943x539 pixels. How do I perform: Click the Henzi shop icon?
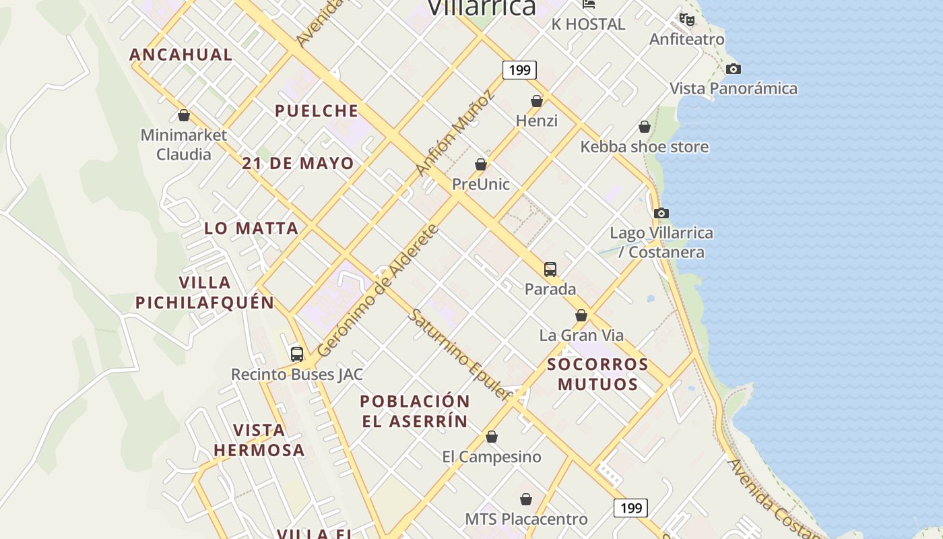pos(537,101)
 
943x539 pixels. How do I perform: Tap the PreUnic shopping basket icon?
pos(481,164)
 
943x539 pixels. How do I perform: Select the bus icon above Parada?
pos(550,269)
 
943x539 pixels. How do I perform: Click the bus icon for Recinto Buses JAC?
pos(297,354)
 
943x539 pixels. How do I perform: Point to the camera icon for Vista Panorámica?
pos(734,69)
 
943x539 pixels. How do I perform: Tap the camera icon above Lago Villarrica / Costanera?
pos(661,213)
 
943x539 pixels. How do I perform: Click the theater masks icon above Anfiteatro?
pos(687,20)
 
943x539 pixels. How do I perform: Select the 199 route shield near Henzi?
pos(519,69)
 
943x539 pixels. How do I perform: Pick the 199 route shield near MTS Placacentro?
pos(630,507)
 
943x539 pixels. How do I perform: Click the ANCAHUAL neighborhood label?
pos(181,55)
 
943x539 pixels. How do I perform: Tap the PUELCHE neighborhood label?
pos(317,110)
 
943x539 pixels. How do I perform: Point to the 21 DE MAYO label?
pos(298,163)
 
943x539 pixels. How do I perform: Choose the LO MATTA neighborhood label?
pos(251,228)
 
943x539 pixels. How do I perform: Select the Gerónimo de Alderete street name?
pos(378,291)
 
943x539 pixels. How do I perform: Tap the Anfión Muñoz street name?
pos(455,133)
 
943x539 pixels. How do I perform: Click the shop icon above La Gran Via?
pos(581,315)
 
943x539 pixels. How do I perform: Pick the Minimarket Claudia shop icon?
pos(184,115)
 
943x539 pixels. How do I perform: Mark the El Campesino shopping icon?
pos(492,437)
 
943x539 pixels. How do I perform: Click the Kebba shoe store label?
pos(645,146)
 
